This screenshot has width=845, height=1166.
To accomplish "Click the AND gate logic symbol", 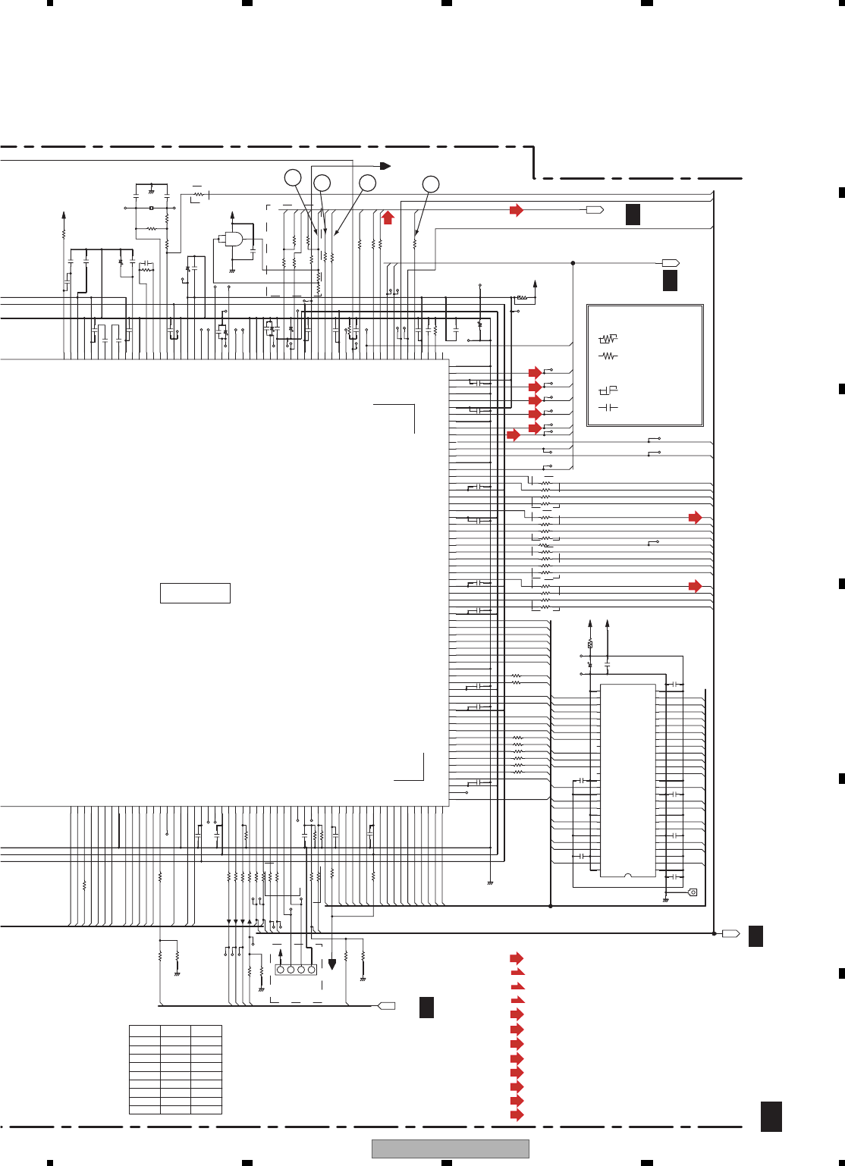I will click(231, 239).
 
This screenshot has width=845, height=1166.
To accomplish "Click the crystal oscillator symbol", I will click(152, 208).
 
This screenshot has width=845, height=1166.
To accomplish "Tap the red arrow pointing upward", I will click(388, 218).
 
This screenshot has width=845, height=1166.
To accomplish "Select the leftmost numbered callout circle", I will click(293, 178).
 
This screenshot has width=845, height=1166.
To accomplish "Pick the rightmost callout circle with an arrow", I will click(430, 183).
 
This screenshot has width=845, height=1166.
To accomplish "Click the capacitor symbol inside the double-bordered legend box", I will click(608, 408).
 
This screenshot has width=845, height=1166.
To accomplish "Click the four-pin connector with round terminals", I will click(296, 970).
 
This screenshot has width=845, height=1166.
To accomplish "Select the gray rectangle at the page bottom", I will click(450, 1149).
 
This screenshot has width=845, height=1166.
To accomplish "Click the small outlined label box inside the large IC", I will click(195, 593).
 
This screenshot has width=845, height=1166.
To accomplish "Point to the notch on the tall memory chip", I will click(627, 876).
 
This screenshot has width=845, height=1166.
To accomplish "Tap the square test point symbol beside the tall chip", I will click(692, 892).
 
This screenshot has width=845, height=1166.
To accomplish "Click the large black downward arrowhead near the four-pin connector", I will click(331, 965).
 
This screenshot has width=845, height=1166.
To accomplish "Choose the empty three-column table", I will click(175, 1069).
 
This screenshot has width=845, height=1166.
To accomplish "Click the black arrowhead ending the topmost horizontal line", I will click(385, 166).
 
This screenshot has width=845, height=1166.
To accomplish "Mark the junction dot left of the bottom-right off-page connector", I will click(714, 933).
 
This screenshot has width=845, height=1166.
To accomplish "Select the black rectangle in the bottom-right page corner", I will click(771, 1117).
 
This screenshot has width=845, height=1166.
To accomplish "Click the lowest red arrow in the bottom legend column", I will click(517, 1114).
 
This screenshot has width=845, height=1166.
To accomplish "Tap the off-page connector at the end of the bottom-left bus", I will click(387, 1006).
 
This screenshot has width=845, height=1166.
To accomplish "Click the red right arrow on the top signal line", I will click(517, 210).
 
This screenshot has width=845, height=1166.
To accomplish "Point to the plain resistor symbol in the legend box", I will click(608, 356).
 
